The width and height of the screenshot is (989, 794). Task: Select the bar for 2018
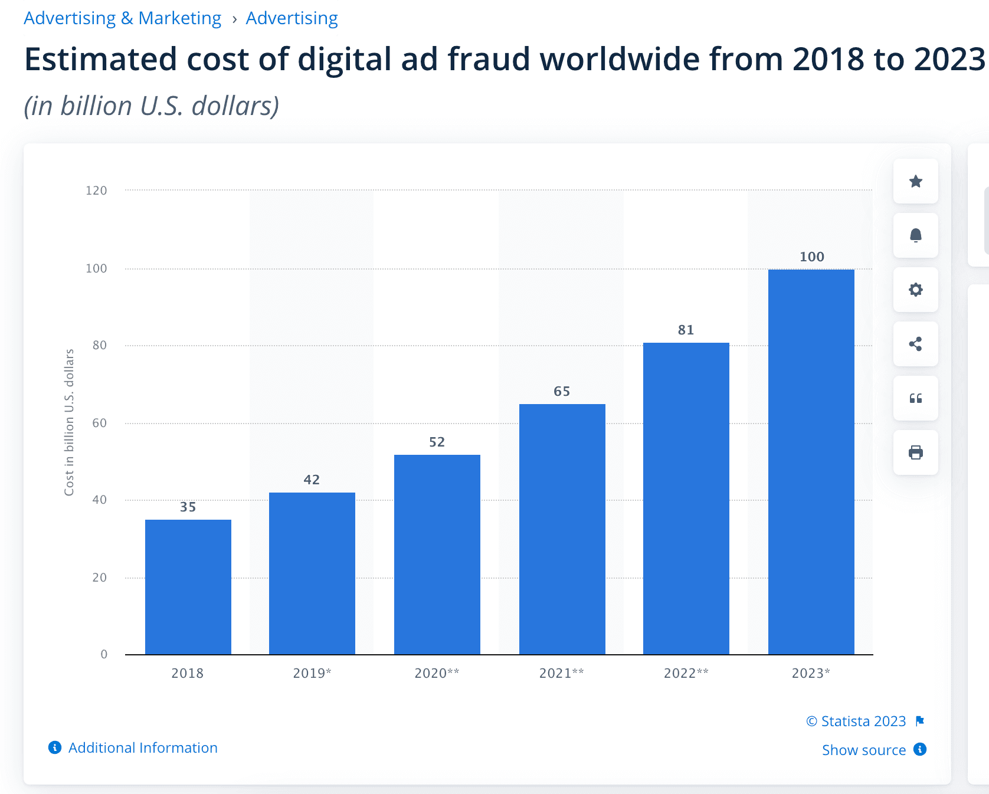click(188, 587)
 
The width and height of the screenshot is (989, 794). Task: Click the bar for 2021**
click(562, 529)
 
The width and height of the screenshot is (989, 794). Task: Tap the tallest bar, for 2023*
click(811, 462)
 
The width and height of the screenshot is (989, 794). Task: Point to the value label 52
click(437, 442)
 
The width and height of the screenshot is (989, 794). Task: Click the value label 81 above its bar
click(686, 330)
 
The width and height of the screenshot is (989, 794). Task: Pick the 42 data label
click(312, 480)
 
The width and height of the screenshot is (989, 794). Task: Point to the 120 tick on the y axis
click(96, 191)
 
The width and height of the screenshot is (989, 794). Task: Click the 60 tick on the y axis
click(99, 423)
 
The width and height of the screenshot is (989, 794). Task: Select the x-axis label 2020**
click(437, 673)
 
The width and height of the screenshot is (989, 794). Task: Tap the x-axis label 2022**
click(686, 673)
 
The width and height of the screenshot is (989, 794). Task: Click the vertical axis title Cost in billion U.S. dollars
click(69, 422)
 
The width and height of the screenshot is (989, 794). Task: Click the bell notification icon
click(915, 235)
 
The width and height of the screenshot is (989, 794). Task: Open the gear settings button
click(915, 290)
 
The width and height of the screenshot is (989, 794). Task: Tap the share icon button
click(915, 344)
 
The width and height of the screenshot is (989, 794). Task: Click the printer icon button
click(915, 452)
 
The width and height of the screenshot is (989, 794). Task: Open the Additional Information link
click(142, 747)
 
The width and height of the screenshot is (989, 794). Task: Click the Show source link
click(863, 750)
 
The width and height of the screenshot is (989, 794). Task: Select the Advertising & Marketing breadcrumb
click(122, 18)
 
